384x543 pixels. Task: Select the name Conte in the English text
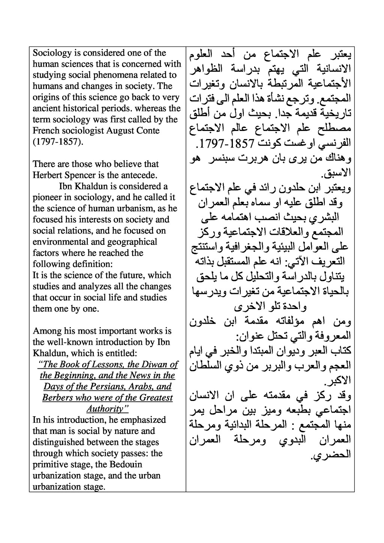[148, 130]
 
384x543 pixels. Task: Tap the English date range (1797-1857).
[57, 142]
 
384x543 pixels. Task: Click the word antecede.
[140, 175]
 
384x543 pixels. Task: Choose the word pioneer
[46, 198]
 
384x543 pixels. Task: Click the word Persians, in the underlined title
[114, 387]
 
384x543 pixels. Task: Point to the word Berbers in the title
[58, 398]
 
